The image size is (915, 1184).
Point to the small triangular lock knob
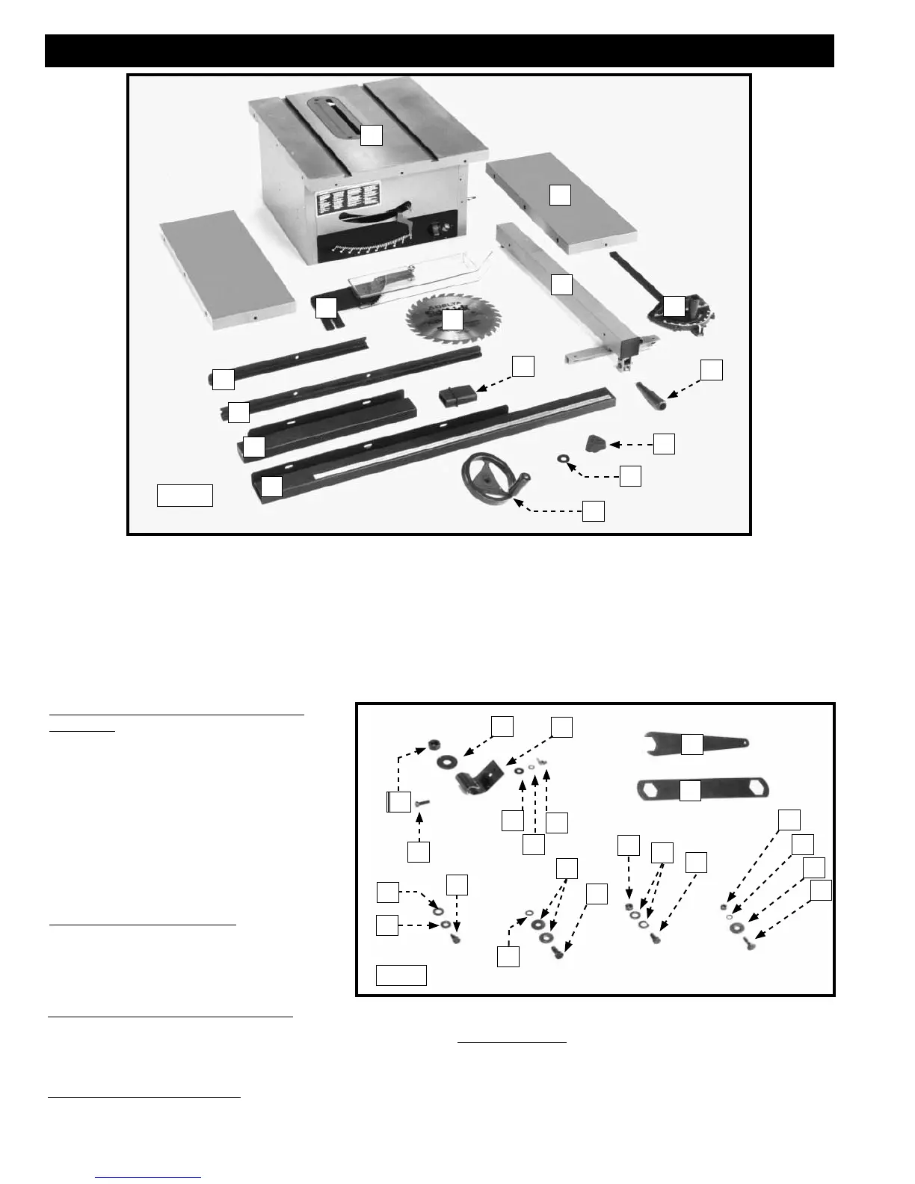coord(595,444)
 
